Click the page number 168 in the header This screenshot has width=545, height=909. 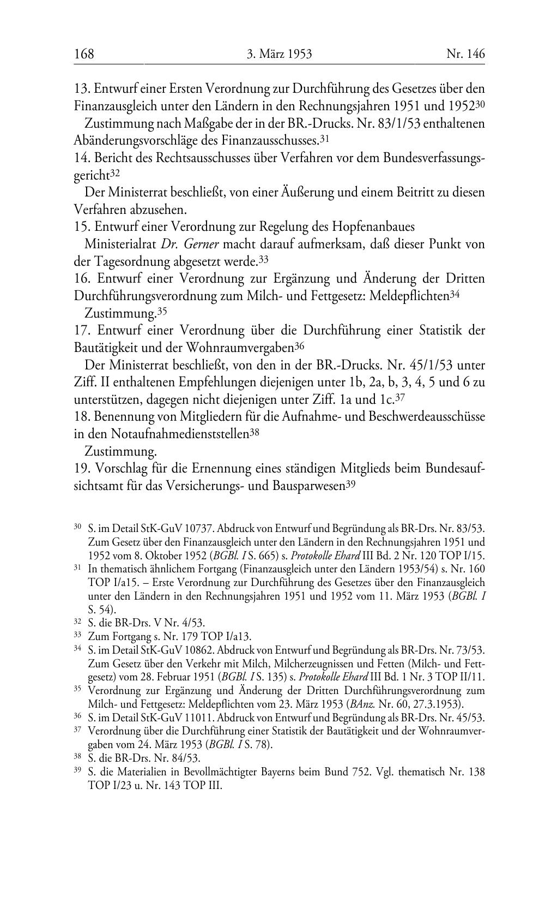click(x=84, y=54)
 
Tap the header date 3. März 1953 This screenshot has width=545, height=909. click(x=279, y=54)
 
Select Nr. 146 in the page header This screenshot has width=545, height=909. click(x=465, y=54)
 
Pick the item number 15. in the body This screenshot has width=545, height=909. click(x=82, y=226)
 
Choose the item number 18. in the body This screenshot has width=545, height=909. click(x=82, y=417)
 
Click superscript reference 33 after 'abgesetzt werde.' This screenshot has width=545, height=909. click(x=264, y=259)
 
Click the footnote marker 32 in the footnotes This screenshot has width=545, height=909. click(x=77, y=621)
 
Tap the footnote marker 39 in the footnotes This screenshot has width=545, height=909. click(x=77, y=771)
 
